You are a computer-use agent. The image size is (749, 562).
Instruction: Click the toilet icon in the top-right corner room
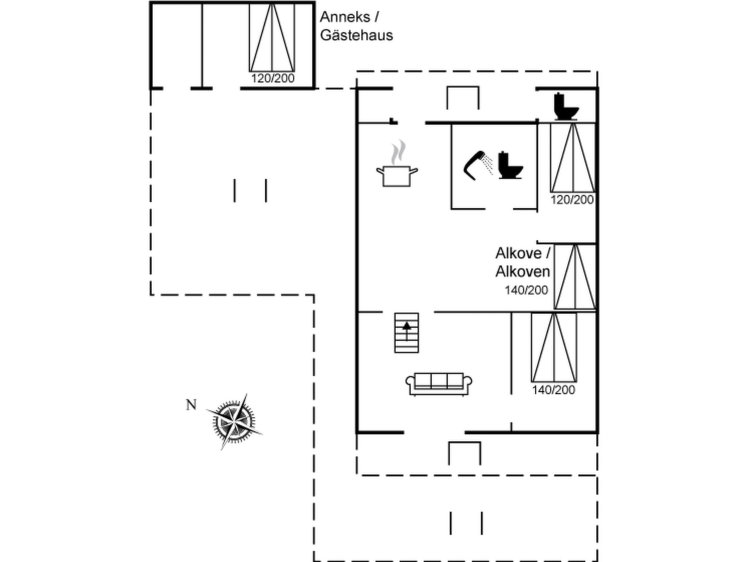click(565, 106)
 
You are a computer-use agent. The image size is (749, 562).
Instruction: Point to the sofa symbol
click(439, 384)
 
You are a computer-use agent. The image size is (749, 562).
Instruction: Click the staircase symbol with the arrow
click(406, 333)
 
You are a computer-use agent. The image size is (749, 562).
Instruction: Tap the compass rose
click(234, 422)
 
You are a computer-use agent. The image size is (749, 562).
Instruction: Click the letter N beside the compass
click(191, 405)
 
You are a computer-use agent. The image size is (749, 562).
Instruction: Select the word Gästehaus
click(356, 35)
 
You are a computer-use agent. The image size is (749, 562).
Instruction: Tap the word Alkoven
click(523, 271)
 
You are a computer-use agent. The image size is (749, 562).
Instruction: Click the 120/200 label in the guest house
click(272, 78)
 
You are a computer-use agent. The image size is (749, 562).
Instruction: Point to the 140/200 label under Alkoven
click(526, 290)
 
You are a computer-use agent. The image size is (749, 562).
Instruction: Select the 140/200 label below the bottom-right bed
click(553, 390)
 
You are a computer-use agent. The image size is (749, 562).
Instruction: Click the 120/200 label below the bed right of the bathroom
click(572, 200)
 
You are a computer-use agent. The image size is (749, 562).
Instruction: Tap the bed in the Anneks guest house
click(272, 38)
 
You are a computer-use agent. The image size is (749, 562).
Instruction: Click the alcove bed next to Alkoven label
click(575, 277)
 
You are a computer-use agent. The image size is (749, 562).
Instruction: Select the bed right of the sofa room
click(554, 347)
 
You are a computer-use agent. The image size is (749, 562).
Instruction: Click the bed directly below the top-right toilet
click(573, 158)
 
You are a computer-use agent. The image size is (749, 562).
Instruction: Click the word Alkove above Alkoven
click(518, 253)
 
